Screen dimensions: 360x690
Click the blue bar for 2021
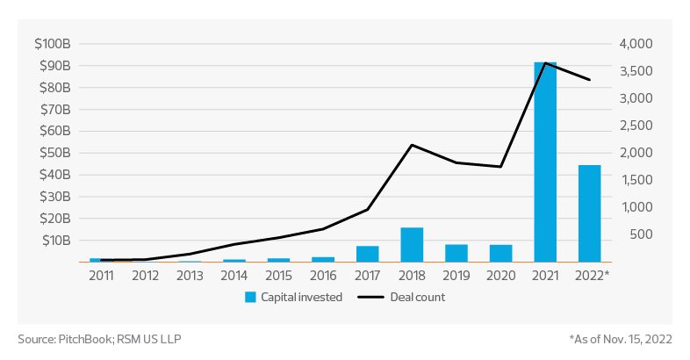pyautogui.click(x=545, y=162)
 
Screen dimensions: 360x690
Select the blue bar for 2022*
pyautogui.click(x=590, y=213)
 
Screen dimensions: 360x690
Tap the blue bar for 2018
pyautogui.click(x=412, y=245)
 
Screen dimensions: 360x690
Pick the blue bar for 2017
pyautogui.click(x=367, y=254)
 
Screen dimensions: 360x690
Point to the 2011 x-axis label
pyautogui.click(x=100, y=275)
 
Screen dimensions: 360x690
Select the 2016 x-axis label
pyautogui.click(x=323, y=275)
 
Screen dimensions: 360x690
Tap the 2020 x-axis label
pyautogui.click(x=501, y=275)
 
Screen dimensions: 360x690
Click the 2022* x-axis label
pyautogui.click(x=592, y=275)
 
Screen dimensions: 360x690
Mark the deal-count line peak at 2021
pyautogui.click(x=545, y=63)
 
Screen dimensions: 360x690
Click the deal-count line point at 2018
pyautogui.click(x=412, y=145)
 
